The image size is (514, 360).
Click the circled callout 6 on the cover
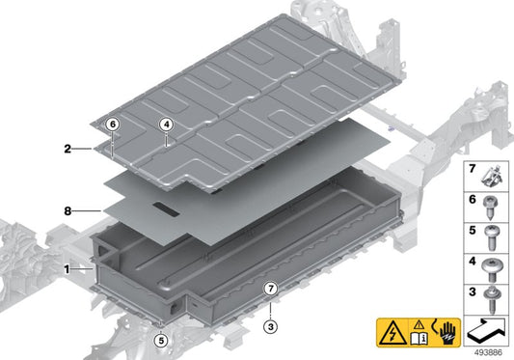(x=113, y=125)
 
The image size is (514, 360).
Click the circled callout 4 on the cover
(x=166, y=125)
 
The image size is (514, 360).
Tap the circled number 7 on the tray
(x=271, y=288)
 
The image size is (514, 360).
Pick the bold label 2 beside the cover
(x=67, y=149)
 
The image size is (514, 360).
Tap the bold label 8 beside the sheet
(x=67, y=209)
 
